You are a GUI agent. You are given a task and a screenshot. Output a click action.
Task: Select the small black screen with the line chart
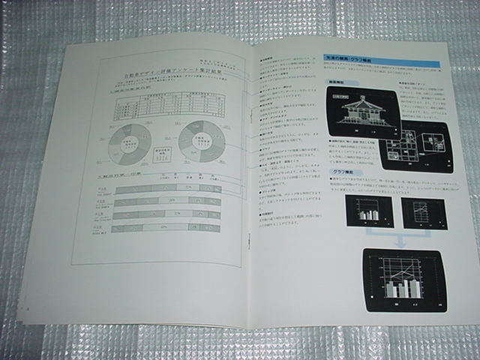coord(424,212)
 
